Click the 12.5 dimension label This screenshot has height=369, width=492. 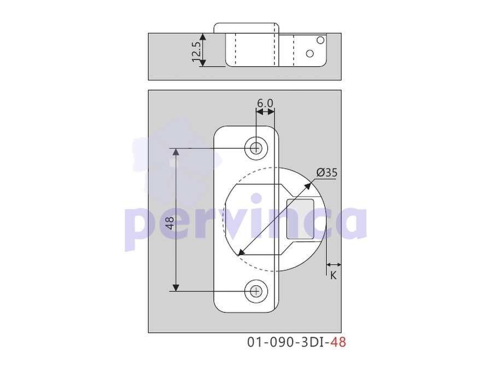(196, 52)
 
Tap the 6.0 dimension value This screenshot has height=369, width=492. (265, 103)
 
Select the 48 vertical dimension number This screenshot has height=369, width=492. (170, 223)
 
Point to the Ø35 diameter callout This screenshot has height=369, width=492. (327, 173)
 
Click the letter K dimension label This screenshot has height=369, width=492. (333, 276)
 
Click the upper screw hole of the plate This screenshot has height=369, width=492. (256, 148)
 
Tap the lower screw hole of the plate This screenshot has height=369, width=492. (256, 291)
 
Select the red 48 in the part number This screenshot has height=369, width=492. (338, 342)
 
